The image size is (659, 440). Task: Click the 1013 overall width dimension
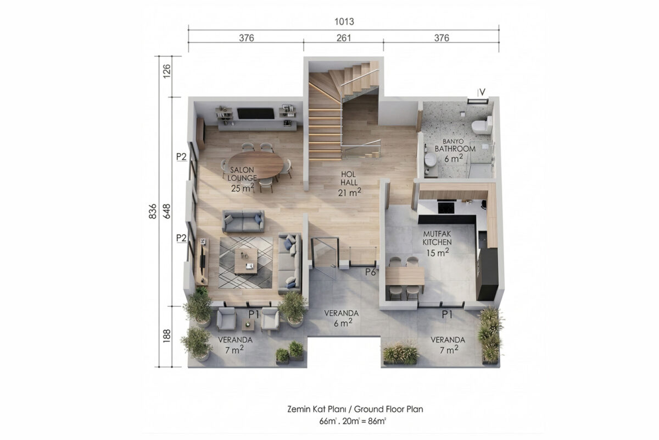344,21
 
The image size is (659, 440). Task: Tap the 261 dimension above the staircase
344,38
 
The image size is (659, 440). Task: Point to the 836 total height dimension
153,211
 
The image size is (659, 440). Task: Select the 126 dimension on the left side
166,71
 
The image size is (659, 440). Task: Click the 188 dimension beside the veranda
166,336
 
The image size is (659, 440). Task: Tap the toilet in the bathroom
482,125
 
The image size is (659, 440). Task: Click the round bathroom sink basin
431,159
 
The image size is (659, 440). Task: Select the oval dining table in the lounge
256,165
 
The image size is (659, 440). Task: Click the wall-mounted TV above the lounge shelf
256,113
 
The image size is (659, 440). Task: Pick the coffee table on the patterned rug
246,261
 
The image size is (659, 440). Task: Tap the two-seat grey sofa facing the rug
243,221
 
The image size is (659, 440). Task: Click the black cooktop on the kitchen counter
446,207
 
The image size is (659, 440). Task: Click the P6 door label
371,272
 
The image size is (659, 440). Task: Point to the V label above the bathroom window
482,92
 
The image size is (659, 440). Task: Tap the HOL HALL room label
349,178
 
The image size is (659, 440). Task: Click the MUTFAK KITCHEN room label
437,238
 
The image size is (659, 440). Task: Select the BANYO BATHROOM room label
455,145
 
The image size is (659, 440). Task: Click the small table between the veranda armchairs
248,324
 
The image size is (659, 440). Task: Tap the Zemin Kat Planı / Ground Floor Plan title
355,409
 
